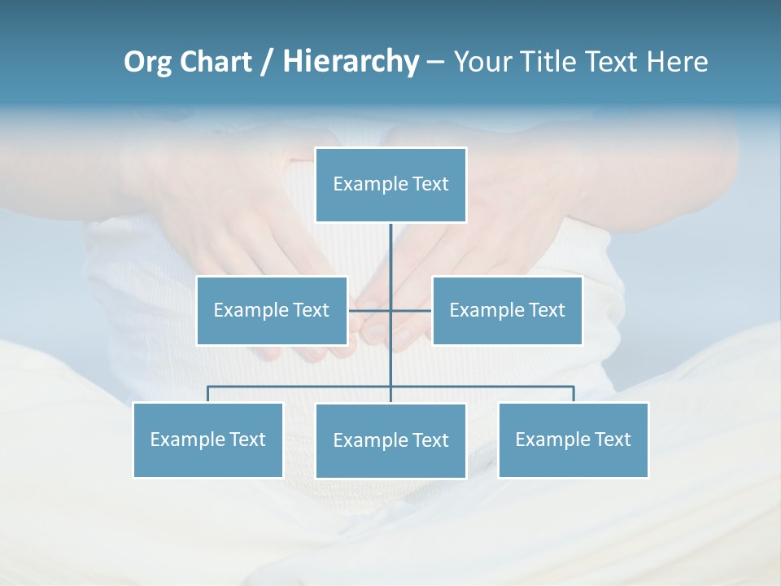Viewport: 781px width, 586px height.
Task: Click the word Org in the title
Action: pos(147,62)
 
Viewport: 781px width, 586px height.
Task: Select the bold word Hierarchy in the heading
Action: pos(350,62)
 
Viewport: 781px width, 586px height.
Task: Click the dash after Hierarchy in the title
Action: pos(435,62)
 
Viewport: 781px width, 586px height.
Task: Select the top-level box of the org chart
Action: pos(390,185)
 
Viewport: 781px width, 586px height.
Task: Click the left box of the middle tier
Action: pos(272,310)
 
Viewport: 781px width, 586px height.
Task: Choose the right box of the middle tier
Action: pos(507,310)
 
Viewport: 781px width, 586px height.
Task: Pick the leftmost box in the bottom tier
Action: pos(207,439)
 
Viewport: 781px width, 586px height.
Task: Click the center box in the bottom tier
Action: pos(390,440)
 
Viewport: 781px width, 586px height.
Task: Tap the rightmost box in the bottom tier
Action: pos(573,439)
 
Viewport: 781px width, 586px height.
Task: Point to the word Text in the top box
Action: pos(430,185)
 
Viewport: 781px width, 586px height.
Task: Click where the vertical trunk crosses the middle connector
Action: pos(390,310)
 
